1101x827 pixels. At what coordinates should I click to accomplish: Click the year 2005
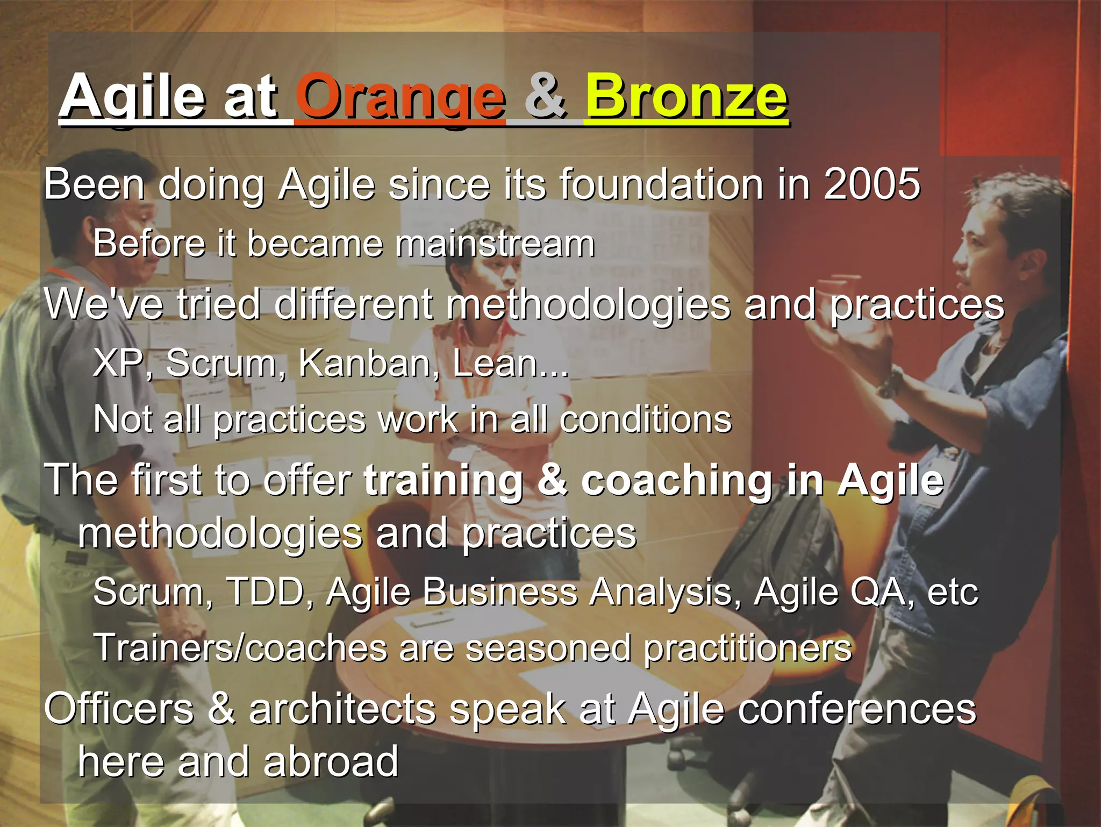(871, 184)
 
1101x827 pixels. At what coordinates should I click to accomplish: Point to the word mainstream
(495, 244)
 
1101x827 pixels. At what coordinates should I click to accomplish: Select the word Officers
(119, 709)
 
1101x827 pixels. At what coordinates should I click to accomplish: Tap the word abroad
(331, 762)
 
